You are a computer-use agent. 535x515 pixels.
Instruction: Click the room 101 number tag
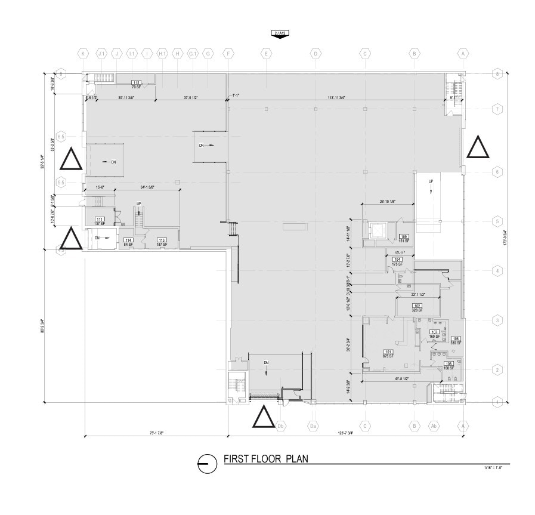pos(388,351)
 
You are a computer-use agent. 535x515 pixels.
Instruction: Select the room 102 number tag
pos(417,306)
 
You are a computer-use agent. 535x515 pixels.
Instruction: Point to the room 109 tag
pos(404,236)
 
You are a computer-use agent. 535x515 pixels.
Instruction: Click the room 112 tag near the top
pos(136,83)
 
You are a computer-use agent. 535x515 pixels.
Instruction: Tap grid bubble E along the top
pos(265,54)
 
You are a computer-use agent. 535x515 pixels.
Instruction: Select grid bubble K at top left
pos(84,54)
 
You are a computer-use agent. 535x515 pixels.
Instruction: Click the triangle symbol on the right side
pos(478,147)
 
